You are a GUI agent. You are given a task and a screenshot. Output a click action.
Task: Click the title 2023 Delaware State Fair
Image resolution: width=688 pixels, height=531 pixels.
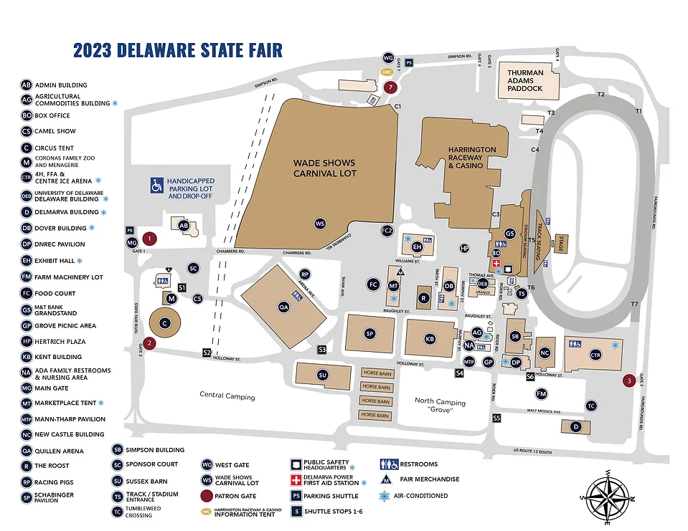[178, 50]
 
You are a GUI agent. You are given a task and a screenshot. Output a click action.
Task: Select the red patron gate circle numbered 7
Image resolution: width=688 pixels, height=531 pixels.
[390, 87]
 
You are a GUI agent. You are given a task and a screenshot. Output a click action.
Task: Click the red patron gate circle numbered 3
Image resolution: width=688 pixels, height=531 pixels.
[629, 381]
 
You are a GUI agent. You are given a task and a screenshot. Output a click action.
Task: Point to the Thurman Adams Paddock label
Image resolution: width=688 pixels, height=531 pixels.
[525, 80]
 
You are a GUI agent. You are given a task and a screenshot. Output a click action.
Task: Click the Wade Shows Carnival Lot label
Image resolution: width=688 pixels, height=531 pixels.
[324, 168]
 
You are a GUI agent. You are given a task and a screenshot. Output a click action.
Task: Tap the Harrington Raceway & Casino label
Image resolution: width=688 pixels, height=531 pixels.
[471, 158]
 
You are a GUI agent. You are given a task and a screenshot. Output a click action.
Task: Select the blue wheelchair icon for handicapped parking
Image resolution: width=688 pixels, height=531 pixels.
[156, 186]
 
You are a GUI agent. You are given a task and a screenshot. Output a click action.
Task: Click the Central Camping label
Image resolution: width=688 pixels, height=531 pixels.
[227, 396]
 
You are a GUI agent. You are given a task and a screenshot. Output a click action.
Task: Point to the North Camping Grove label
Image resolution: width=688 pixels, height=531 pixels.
[440, 406]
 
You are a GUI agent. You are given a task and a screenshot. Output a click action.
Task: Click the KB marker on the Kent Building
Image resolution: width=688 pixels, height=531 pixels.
[430, 338]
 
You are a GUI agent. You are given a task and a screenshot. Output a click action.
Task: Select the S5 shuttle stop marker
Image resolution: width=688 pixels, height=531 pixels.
[496, 418]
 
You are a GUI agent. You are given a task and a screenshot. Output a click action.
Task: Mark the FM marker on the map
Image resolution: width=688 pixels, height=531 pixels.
[542, 393]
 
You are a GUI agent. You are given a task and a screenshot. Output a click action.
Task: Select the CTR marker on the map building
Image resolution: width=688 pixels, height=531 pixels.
[595, 354]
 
